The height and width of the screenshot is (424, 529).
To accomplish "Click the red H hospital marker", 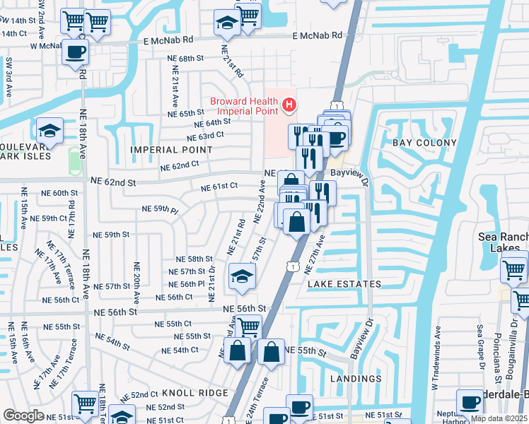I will pyautogui.click(x=289, y=106).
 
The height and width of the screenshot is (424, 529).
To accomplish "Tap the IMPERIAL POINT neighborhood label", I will pyautogui.click(x=170, y=150).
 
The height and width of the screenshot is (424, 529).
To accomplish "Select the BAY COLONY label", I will pyautogui.click(x=417, y=143).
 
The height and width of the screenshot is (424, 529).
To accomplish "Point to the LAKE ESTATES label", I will pyautogui.click(x=344, y=284).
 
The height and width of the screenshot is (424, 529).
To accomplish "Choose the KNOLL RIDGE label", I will pyautogui.click(x=194, y=392).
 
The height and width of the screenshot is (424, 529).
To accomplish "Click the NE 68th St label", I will pyautogui.click(x=185, y=58).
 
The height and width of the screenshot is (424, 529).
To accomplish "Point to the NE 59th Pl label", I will pyautogui.click(x=160, y=209).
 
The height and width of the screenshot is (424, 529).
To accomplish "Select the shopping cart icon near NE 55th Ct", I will pyautogui.click(x=248, y=326).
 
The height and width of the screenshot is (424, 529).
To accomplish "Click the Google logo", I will pyautogui.click(x=23, y=416).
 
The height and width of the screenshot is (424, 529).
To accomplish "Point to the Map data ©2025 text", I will pyautogui.click(x=499, y=418).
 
